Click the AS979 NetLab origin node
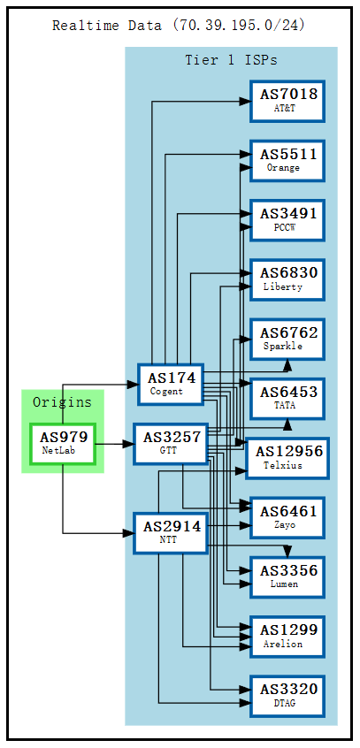[63, 443]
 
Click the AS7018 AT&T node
[287, 101]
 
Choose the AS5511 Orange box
[287, 160]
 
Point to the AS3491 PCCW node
[287, 219]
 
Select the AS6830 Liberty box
[287, 279]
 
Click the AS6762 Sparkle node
[287, 339]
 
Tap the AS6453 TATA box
[287, 398]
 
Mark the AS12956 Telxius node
[289, 458]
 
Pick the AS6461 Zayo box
[287, 517]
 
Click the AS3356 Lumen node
[287, 576]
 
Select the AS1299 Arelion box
[287, 636]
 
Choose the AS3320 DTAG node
[287, 696]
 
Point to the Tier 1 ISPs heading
[231, 60]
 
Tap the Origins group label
[62, 402]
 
